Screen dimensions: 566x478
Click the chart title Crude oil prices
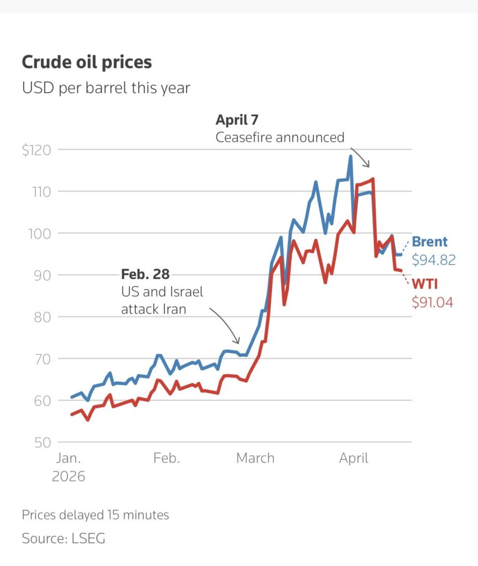pyautogui.click(x=87, y=62)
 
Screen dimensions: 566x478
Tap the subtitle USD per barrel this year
pyautogui.click(x=106, y=88)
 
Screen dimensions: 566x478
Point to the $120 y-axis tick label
pyautogui.click(x=36, y=150)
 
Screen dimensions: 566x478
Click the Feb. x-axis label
pyautogui.click(x=166, y=458)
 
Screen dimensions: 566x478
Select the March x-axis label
pyautogui.click(x=255, y=458)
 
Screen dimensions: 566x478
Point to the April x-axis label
pyautogui.click(x=353, y=458)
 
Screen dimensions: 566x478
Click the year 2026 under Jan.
pyautogui.click(x=69, y=476)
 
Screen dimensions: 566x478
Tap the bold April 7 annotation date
pyautogui.click(x=237, y=120)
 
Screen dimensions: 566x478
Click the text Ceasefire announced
pyautogui.click(x=280, y=137)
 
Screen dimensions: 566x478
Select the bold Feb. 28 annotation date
pyautogui.click(x=145, y=274)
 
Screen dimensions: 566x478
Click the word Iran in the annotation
pyautogui.click(x=171, y=310)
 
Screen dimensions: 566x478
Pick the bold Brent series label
pyautogui.click(x=430, y=242)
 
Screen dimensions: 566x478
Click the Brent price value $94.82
pyautogui.click(x=434, y=260)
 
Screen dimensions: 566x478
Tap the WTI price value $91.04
pyautogui.click(x=433, y=302)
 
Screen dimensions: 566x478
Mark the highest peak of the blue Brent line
pyautogui.click(x=350, y=156)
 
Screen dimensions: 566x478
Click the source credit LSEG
pyautogui.click(x=88, y=538)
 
